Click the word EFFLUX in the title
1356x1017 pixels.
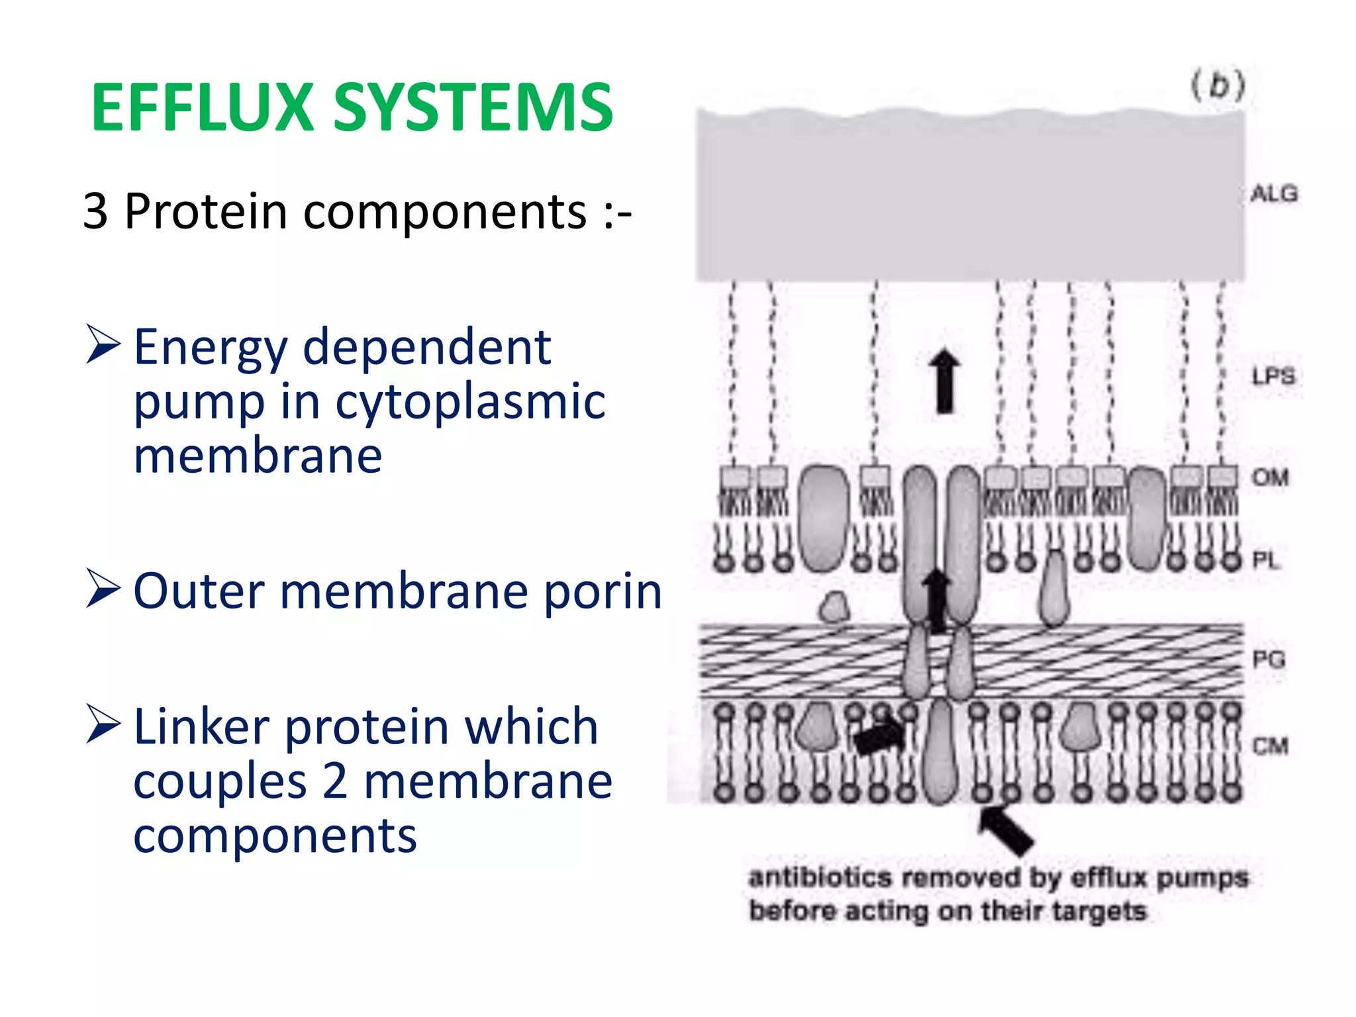click(x=202, y=108)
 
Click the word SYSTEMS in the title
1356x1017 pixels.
click(x=473, y=108)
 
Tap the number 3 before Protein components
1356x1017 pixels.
click(x=95, y=212)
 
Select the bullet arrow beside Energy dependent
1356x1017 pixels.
click(x=103, y=345)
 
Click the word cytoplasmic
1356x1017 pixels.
click(x=470, y=403)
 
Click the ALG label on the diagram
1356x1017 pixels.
click(x=1274, y=194)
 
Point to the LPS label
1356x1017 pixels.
click(x=1273, y=376)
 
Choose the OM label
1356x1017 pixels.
click(x=1270, y=477)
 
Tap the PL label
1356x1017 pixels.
click(x=1265, y=561)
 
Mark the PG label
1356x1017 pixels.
click(x=1269, y=659)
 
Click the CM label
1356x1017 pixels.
click(x=1270, y=746)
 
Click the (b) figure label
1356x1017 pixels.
click(x=1218, y=86)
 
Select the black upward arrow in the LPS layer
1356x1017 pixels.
click(x=944, y=381)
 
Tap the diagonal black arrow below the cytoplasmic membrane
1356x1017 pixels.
click(x=1006, y=829)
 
